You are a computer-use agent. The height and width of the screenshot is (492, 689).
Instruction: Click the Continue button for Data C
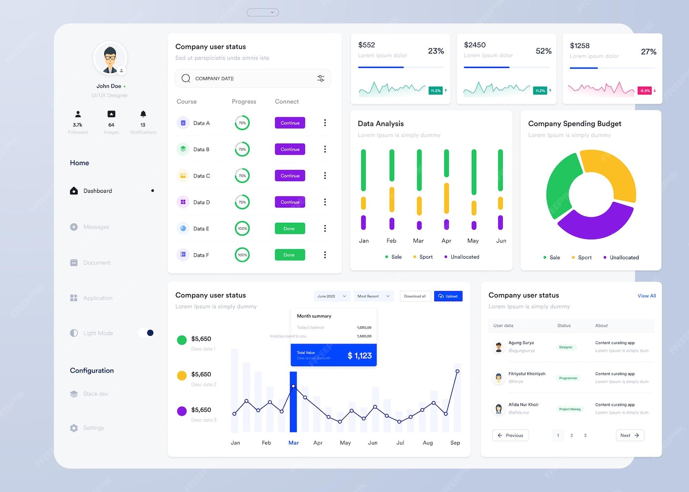pyautogui.click(x=290, y=176)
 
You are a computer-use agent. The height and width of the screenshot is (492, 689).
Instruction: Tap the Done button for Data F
pyautogui.click(x=290, y=255)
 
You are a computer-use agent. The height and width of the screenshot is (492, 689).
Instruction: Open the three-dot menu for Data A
pyautogui.click(x=325, y=123)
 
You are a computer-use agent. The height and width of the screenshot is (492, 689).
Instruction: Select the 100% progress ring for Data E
pyautogui.click(x=242, y=229)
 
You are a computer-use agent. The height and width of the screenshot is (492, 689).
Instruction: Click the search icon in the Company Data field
pyautogui.click(x=186, y=78)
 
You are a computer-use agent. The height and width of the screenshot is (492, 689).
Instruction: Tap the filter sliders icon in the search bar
pyautogui.click(x=321, y=78)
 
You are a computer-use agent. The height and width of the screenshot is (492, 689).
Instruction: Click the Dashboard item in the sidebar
pyautogui.click(x=97, y=191)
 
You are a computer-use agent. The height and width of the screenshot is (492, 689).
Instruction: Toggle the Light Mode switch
pyautogui.click(x=146, y=333)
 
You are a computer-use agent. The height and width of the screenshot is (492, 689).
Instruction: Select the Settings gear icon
pyautogui.click(x=74, y=428)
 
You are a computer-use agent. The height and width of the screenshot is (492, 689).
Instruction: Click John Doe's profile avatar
pyautogui.click(x=110, y=58)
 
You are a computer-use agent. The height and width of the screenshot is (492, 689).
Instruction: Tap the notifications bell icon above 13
pyautogui.click(x=143, y=114)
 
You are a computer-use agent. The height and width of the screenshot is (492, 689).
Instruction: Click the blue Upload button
pyautogui.click(x=448, y=296)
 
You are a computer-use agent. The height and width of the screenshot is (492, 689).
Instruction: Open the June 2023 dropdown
pyautogui.click(x=332, y=296)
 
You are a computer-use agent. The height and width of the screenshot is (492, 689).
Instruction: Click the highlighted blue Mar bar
pyautogui.click(x=294, y=402)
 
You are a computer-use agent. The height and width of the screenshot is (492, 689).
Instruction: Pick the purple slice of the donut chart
pyautogui.click(x=594, y=225)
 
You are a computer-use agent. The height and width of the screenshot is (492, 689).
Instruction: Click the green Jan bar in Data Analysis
pyautogui.click(x=363, y=170)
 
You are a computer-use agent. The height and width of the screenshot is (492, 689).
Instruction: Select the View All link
pyautogui.click(x=647, y=296)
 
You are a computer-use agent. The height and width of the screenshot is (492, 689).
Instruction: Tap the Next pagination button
pyautogui.click(x=630, y=436)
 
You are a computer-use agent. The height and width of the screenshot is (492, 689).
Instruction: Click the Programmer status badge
pyautogui.click(x=568, y=378)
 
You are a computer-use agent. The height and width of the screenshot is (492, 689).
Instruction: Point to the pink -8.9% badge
pyautogui.click(x=645, y=91)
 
